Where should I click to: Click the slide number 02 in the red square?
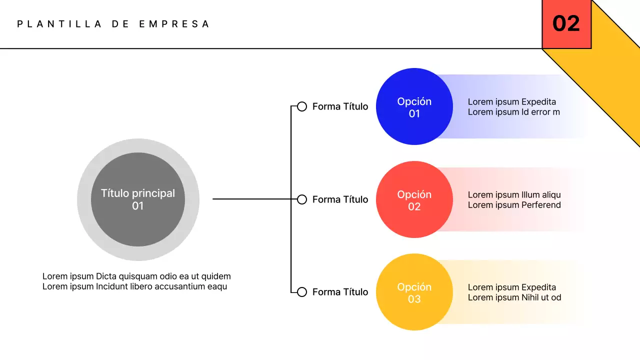[x=566, y=24]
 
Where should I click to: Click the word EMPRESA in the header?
[x=174, y=24]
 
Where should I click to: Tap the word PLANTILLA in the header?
[x=59, y=24]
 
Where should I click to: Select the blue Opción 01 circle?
[x=414, y=107]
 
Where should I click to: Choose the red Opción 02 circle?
[x=414, y=200]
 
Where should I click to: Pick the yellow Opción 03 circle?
[x=414, y=292]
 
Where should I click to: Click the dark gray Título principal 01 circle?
[x=138, y=199]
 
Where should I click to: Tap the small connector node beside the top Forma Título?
[x=302, y=106]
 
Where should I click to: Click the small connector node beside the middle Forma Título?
[x=302, y=199]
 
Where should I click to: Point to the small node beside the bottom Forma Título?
[x=302, y=292]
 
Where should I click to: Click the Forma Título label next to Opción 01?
[x=340, y=106]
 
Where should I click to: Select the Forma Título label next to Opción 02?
[x=340, y=199]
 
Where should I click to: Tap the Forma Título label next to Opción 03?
[x=340, y=292]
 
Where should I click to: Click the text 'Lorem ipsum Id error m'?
[x=513, y=112]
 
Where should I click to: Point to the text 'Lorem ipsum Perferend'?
[x=514, y=205]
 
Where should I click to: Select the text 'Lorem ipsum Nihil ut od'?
[x=514, y=297]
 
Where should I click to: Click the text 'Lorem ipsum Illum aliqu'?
[x=514, y=195]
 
